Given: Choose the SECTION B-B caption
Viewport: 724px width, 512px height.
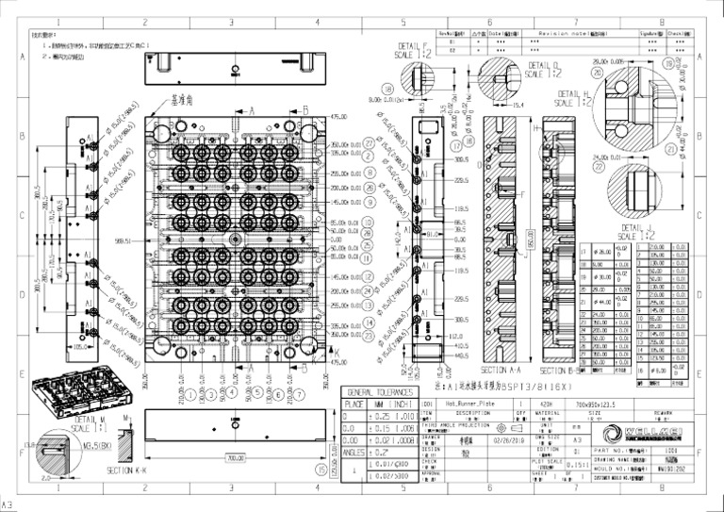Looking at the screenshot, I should click(564, 371).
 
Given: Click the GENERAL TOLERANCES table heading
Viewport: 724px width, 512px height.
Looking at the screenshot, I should click(379, 392).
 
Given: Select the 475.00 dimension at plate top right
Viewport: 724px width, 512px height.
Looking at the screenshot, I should click(337, 117).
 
